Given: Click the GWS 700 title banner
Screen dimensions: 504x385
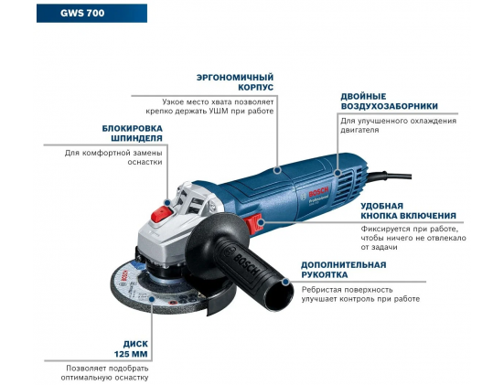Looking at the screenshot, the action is (92, 13).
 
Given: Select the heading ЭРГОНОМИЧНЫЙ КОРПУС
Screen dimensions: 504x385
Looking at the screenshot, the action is (235, 82).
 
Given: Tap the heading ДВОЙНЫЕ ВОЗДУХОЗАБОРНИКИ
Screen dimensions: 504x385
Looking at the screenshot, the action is (390, 102).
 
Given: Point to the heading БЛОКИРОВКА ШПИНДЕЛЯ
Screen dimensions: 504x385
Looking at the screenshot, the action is (133, 133).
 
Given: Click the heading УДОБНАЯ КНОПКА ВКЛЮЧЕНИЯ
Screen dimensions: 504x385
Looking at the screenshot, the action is (408, 211).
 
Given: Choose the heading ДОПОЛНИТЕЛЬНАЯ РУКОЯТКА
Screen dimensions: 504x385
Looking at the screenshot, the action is (344, 270).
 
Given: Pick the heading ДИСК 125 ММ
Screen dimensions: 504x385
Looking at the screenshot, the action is (132, 349).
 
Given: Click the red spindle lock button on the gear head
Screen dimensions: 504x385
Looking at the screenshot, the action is (162, 214).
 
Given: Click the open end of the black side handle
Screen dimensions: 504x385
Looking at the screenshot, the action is (279, 294).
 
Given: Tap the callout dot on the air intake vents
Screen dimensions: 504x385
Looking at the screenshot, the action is (338, 173).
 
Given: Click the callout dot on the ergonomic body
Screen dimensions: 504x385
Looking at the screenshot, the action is (277, 170).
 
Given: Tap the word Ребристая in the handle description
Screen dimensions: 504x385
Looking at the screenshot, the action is (321, 290).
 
